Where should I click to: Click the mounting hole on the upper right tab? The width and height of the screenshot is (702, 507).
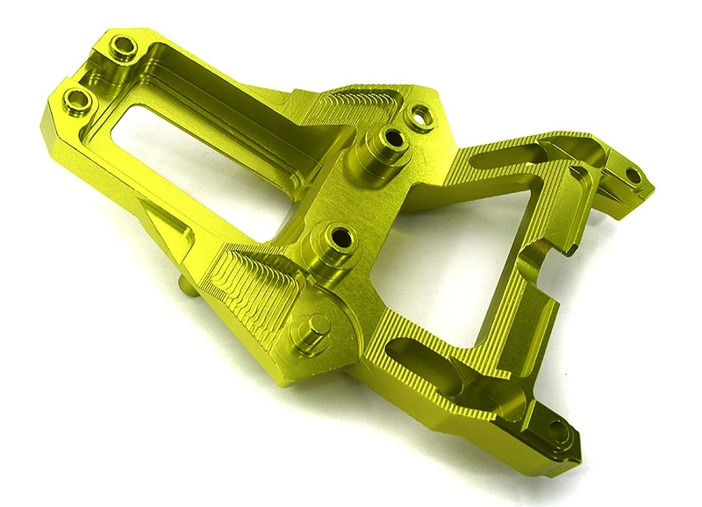[633, 174]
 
